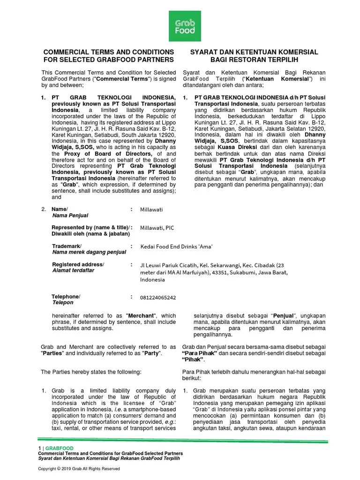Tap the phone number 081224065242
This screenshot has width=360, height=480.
point(158,297)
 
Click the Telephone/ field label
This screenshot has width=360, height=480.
point(66,296)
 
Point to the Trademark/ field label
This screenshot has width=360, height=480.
point(66,246)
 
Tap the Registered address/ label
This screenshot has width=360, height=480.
point(78,264)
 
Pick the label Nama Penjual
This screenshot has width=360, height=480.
point(70,216)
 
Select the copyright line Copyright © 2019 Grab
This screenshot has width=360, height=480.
point(79,469)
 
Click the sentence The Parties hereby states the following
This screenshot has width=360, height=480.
point(91,372)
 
